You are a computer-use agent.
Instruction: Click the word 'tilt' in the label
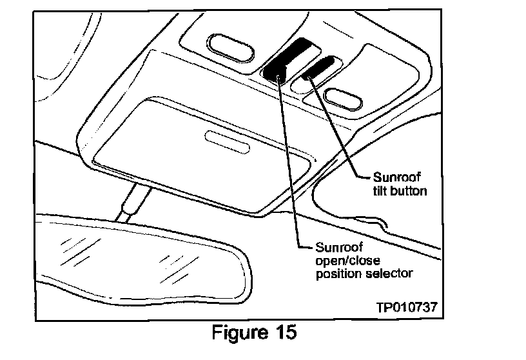[383, 191]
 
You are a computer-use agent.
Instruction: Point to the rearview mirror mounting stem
[131, 200]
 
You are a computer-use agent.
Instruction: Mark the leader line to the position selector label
[289, 161]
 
